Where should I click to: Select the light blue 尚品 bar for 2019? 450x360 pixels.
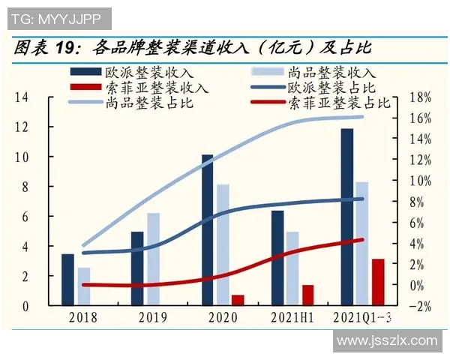[153, 259]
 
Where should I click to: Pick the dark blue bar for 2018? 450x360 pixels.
[67, 280]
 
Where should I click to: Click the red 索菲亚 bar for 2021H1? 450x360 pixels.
[307, 295]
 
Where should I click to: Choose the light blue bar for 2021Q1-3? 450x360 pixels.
[362, 244]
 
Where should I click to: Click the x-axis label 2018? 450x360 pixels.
[82, 317]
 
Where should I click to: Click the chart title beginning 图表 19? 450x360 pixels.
[192, 49]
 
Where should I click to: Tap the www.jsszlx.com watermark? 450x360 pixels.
[386, 340]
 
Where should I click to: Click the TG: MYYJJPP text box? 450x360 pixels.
[57, 17]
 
